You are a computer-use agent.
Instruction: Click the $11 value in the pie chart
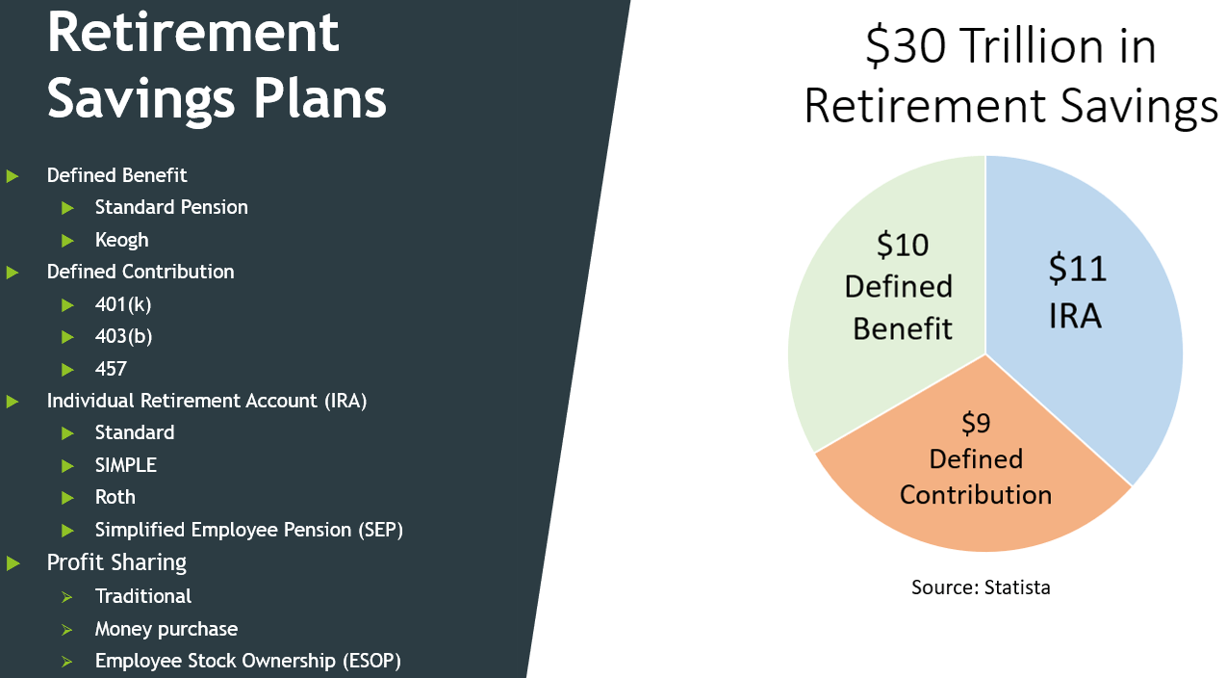tap(1077, 269)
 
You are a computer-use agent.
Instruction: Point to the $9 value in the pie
tap(976, 424)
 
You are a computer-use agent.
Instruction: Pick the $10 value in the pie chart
tap(902, 245)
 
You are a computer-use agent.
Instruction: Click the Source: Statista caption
tap(981, 587)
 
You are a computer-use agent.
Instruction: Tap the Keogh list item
tap(121, 240)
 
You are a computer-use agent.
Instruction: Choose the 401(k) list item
tap(123, 304)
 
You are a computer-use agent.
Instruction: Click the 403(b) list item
tap(123, 336)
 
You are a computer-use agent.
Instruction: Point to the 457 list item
tap(111, 369)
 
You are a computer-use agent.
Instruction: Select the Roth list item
tap(115, 497)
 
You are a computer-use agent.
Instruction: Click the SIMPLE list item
tap(125, 465)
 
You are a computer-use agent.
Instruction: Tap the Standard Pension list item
tap(171, 207)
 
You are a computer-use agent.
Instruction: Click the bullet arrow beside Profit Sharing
tap(13, 563)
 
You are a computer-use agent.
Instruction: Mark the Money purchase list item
tap(166, 629)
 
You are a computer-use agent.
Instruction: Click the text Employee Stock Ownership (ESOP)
tap(247, 661)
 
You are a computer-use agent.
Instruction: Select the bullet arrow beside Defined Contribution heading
tap(13, 273)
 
